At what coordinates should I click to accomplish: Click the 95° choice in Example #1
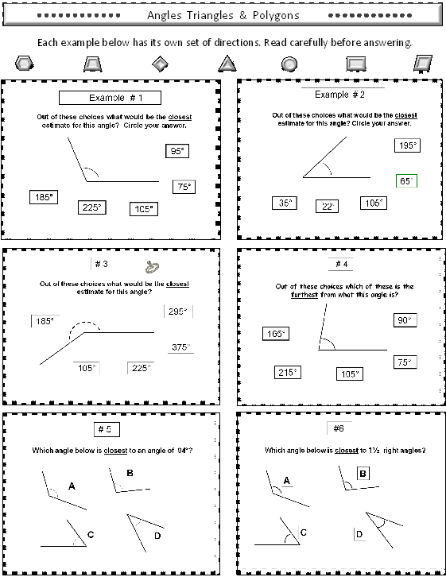tap(176, 151)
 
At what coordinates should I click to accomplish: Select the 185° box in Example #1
tap(42, 196)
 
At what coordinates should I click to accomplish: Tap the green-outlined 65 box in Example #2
tap(405, 181)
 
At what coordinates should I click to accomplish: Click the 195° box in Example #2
tap(407, 145)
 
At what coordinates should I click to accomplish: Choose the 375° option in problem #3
tap(180, 347)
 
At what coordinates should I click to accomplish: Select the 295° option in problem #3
tap(178, 312)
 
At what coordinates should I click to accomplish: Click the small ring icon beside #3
tap(151, 268)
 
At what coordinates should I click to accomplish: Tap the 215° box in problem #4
tap(287, 372)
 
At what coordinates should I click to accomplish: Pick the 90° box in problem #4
tap(405, 320)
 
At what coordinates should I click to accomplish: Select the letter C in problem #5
tap(90, 535)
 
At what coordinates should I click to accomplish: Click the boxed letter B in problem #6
tap(363, 474)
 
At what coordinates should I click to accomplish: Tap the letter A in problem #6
tap(287, 480)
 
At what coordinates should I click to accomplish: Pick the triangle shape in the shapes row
tap(227, 63)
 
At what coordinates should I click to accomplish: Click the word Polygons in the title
tap(270, 16)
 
